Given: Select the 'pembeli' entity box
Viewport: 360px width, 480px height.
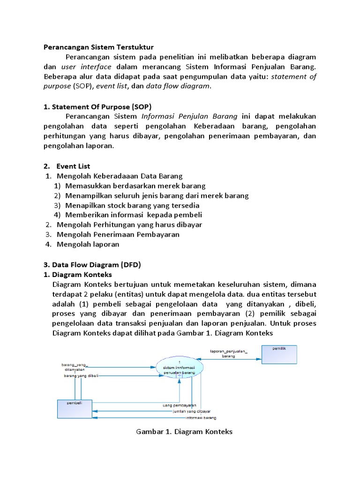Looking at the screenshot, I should pos(75,408).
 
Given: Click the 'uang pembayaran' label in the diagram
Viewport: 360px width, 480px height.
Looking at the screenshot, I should pos(180,405).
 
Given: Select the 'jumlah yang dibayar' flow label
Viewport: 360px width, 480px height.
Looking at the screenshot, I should pos(191,411).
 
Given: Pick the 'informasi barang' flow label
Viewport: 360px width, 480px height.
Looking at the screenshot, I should pos(201,417).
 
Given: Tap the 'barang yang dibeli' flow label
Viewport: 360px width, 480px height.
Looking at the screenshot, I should pos(81,375).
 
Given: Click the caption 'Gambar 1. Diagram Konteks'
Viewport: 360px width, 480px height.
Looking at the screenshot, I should pos(184,431).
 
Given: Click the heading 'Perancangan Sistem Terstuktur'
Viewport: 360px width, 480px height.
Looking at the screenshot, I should pos(98,47).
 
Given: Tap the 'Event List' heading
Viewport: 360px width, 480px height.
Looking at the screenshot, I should pos(73,166).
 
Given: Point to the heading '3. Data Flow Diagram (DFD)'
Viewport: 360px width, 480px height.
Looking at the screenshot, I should pos(92,264).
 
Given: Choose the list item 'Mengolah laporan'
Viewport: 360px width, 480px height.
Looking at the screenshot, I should pos(88,244).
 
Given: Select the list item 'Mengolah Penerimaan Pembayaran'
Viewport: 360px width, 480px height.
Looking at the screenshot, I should pos(118,234).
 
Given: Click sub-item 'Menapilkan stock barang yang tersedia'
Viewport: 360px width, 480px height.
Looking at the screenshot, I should pos(132,205).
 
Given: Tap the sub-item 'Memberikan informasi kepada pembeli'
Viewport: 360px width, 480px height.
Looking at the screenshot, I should pos(134,215).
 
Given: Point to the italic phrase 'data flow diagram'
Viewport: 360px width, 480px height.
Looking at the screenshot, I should pos(178,86).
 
